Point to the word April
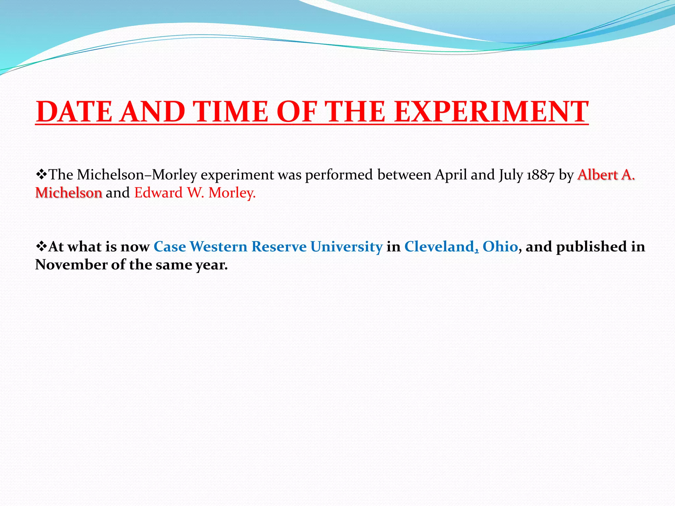coord(451,175)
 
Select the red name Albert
coord(598,175)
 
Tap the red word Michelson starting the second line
coord(69,193)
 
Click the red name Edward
coord(159,193)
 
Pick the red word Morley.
coord(232,193)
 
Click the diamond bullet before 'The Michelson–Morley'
coord(41,174)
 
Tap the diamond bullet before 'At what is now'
coord(41,246)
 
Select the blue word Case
coord(170,247)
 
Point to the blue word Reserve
coord(279,247)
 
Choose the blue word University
coord(346,247)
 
